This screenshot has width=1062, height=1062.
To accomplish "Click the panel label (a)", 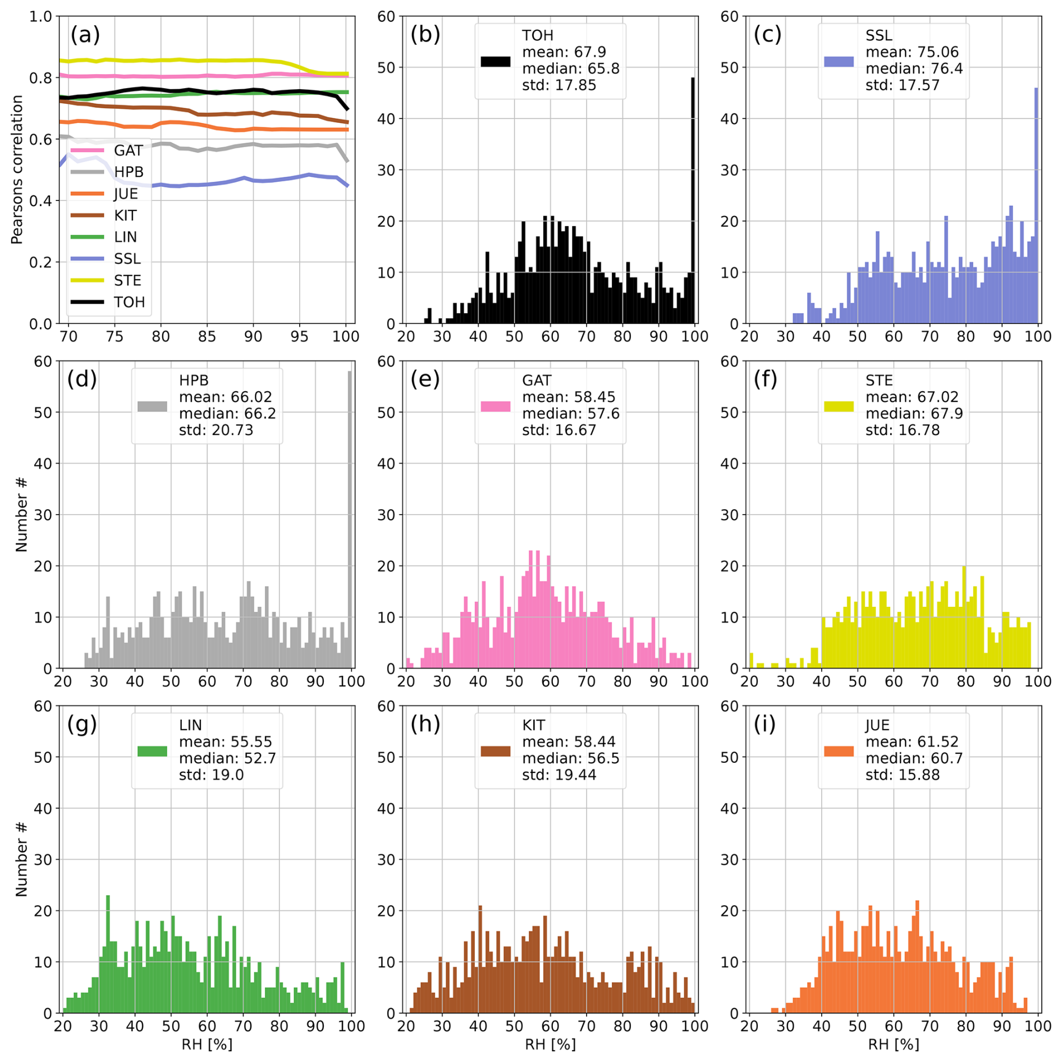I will pos(85,35).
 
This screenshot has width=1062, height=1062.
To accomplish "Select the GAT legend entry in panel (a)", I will pos(128,150).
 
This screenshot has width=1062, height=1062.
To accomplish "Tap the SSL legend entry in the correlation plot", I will pos(127,259).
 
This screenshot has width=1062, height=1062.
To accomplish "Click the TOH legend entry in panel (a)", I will pos(129,303).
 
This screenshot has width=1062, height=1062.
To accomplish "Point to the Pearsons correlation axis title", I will pos(17,170).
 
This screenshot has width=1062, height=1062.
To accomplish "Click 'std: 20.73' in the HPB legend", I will pos(216,430).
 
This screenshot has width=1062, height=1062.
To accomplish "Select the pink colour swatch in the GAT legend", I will pos(495,406).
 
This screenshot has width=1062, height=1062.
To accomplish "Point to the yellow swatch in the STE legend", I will pos(839,406).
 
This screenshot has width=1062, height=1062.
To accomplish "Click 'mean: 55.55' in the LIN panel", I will pos(225,741).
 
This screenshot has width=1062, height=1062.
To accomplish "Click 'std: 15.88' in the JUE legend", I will pos(902,775).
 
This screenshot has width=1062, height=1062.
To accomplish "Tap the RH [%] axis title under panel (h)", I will pos(550,1044).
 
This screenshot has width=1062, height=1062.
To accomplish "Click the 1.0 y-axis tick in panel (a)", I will pos(40,16).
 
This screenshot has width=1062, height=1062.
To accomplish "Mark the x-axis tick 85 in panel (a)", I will pos(207,336).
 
